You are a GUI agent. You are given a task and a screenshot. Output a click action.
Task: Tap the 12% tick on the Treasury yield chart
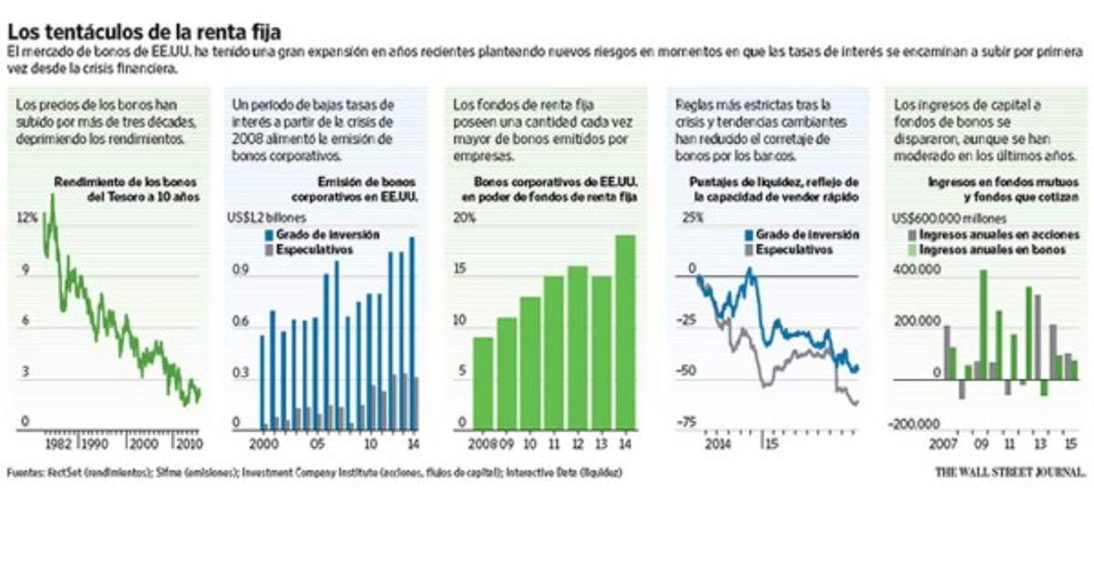tap(27, 218)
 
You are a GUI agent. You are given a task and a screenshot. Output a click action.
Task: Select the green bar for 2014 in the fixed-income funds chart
tap(624, 333)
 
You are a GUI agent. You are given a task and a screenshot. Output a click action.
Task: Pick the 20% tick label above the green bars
tap(465, 218)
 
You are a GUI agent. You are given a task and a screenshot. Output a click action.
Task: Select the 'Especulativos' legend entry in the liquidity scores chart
tap(789, 249)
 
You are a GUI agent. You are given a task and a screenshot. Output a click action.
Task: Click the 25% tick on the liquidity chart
tap(692, 218)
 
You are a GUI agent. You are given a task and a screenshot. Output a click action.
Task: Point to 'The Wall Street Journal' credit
tap(1010, 472)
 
